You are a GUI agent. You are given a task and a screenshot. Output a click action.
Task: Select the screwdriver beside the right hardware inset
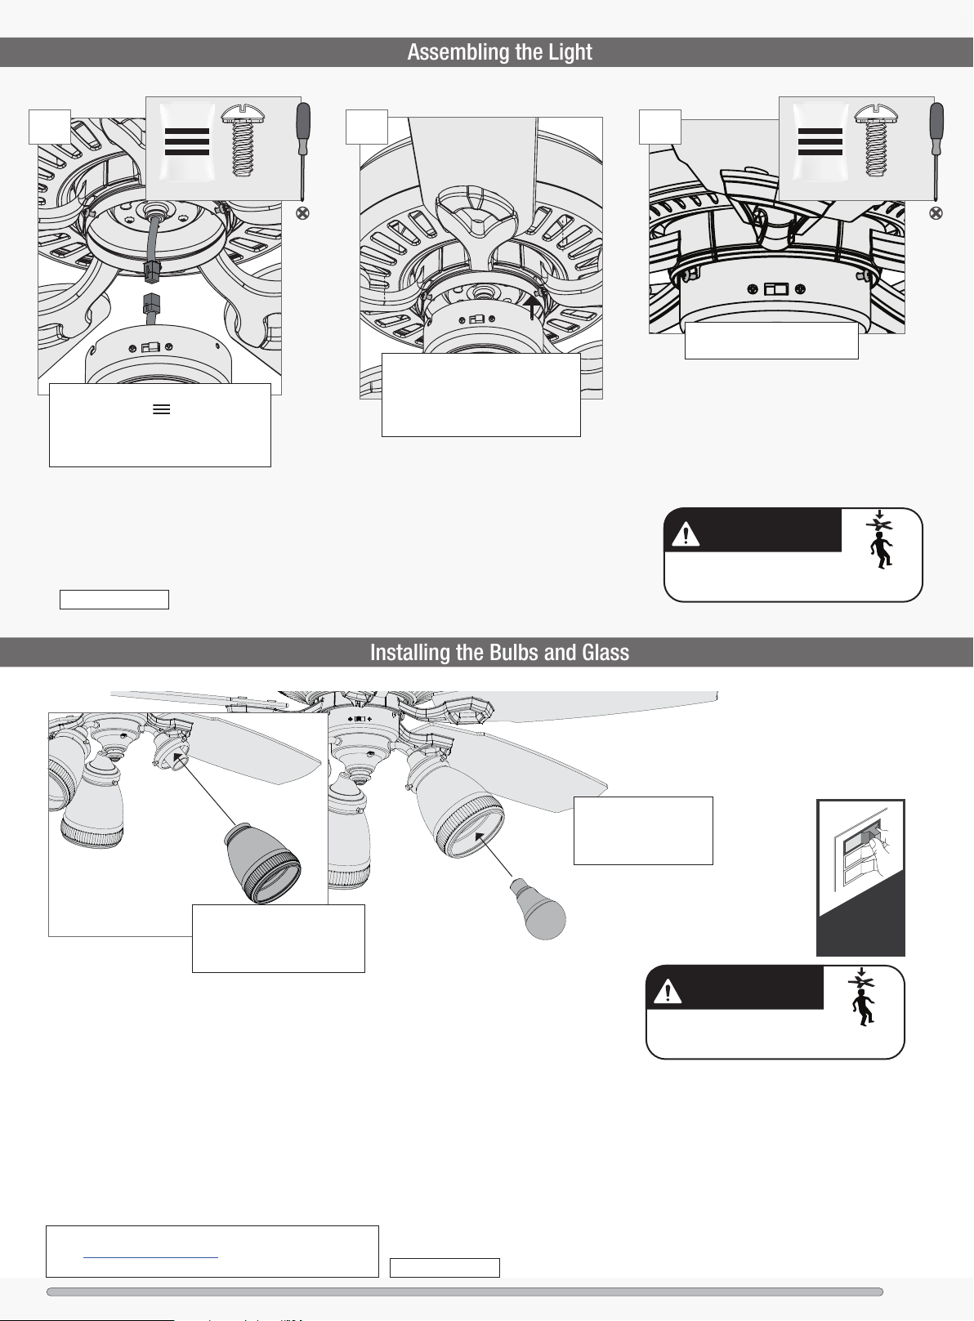[936, 151]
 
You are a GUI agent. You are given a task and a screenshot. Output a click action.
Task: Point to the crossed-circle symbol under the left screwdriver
[302, 213]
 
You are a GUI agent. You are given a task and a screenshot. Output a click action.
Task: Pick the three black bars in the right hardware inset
[820, 141]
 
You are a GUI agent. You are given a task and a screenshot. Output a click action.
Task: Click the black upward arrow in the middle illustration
[532, 306]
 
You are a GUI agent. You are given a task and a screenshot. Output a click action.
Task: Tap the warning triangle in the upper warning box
[685, 534]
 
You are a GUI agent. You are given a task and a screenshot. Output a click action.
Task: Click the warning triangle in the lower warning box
[668, 991]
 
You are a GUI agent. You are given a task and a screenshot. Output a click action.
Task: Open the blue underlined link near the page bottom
[150, 1257]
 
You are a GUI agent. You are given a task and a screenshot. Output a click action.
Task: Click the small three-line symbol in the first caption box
[162, 409]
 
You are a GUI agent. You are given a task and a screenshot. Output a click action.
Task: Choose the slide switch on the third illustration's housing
[776, 289]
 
